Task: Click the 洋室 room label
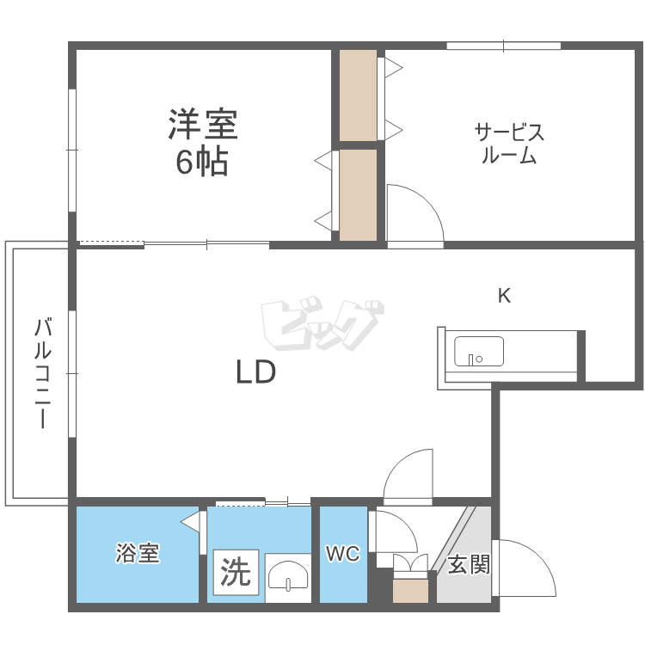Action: point(202,126)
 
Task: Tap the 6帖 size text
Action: point(202,162)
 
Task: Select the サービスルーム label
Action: point(509,144)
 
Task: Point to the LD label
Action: point(255,372)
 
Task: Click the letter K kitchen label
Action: point(505,296)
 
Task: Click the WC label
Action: point(342,555)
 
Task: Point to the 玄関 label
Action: point(470,565)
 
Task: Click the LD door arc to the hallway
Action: point(409,477)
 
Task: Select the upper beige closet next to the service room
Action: point(358,95)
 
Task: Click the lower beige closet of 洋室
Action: point(358,194)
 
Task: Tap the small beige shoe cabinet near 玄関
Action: point(410,590)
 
